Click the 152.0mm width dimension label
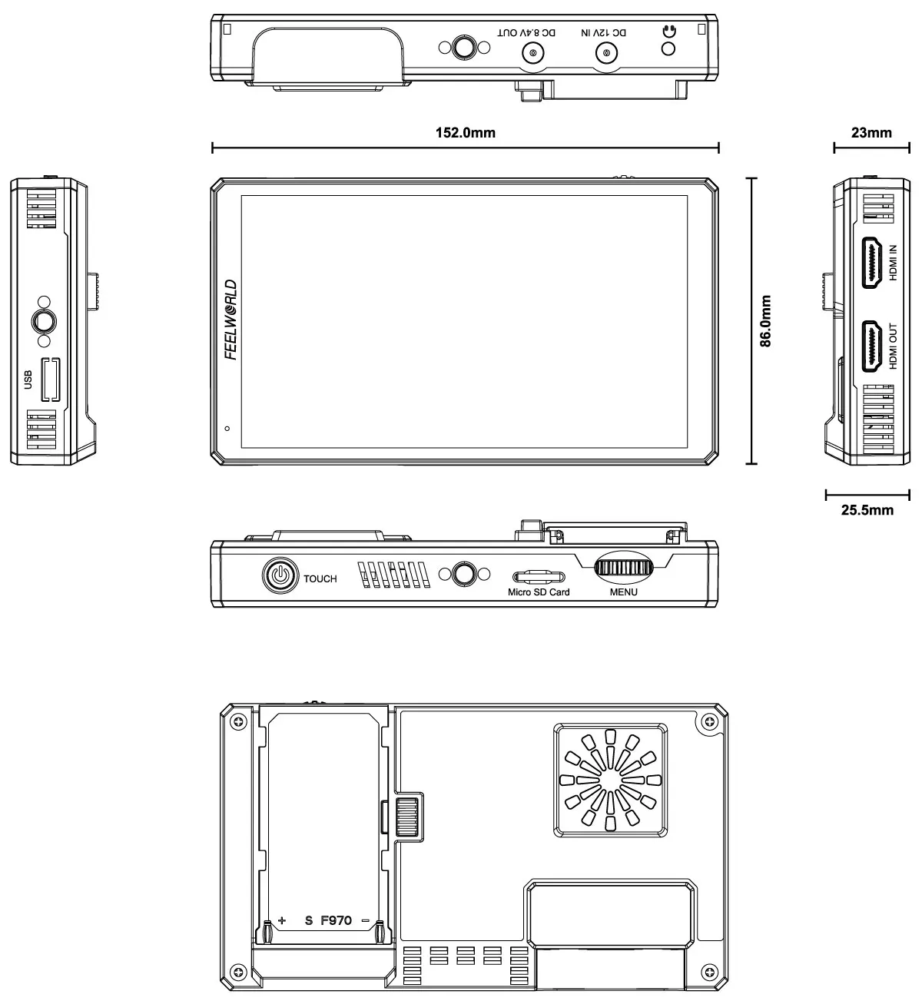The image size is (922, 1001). tap(466, 133)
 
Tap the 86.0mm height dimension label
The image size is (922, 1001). tap(765, 321)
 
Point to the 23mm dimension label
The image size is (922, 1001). tap(871, 133)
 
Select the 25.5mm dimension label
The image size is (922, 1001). tap(867, 510)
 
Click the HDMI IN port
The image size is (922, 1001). tap(871, 263)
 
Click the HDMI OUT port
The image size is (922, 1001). tap(871, 346)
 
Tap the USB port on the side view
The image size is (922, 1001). tap(50, 380)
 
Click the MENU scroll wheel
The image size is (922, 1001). tap(623, 568)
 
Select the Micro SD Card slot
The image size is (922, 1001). tap(539, 577)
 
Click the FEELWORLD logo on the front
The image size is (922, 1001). tap(230, 320)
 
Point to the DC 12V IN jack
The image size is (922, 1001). tap(606, 53)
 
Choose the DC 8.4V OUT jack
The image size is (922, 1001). tap(532, 53)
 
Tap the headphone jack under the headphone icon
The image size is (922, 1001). tap(668, 48)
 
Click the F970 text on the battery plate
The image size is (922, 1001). tap(336, 920)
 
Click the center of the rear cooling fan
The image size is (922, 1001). tap(610, 780)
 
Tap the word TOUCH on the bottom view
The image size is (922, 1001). tap(320, 578)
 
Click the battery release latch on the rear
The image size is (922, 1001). tap(407, 817)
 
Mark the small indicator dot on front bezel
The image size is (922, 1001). tap(227, 429)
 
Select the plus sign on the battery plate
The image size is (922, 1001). tap(282, 920)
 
